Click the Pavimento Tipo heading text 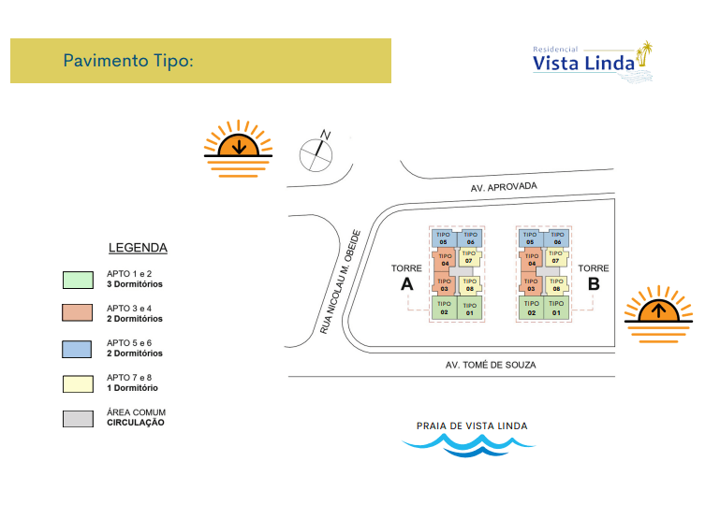128,61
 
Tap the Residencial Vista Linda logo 593,62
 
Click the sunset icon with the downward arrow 239,149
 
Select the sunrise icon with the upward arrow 658,314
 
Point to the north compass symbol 316,152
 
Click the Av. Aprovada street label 504,187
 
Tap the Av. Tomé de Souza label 491,365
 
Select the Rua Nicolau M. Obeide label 340,281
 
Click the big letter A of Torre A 407,284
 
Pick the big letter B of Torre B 594,284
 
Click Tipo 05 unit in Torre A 444,238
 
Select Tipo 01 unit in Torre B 556,308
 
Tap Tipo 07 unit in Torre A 469,258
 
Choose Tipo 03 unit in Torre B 531,284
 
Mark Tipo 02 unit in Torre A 444,308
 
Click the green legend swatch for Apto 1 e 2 78,280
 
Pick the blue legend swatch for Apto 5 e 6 77,349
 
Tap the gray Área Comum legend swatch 78,419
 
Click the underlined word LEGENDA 138,248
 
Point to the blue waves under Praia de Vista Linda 468,445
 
